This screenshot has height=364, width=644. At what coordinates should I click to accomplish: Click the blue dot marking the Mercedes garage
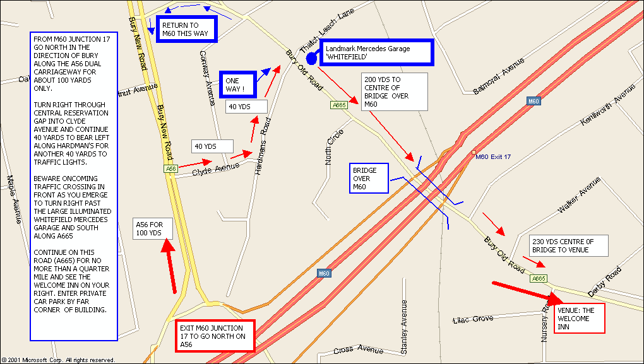click(x=311, y=57)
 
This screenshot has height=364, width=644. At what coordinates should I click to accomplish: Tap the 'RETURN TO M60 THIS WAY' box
click(x=186, y=29)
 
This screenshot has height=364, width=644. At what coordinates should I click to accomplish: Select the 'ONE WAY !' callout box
click(x=237, y=85)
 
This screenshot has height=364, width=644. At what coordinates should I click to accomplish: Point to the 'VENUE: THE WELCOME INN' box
click(x=580, y=319)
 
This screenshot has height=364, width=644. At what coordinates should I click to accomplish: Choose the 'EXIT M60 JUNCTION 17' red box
click(x=215, y=336)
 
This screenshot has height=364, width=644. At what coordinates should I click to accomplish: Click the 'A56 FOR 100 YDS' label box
click(x=152, y=229)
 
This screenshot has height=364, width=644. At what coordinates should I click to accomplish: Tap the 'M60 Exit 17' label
click(x=492, y=157)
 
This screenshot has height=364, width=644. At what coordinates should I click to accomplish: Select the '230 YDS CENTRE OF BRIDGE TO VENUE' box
click(x=568, y=246)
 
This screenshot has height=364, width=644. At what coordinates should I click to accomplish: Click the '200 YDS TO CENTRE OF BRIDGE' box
click(x=395, y=92)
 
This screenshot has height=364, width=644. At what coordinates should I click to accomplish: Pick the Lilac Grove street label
click(x=473, y=319)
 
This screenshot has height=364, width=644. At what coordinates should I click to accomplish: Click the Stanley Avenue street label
click(x=405, y=327)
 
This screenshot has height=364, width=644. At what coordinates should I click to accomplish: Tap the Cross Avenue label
click(x=357, y=349)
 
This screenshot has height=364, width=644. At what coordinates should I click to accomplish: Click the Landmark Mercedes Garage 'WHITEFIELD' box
click(x=376, y=52)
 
